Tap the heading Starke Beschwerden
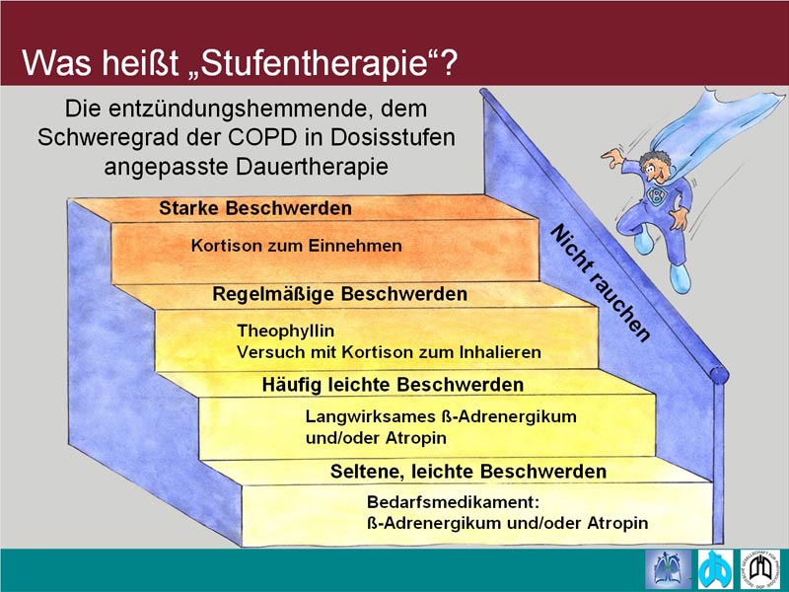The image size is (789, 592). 255,208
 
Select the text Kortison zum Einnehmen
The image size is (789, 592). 297,246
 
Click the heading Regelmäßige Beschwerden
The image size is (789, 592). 339,294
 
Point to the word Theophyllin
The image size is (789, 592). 285,332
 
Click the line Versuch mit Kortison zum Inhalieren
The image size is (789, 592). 389,352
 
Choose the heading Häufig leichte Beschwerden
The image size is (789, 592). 393,385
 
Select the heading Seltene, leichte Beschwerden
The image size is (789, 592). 467,472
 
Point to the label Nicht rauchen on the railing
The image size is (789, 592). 600,283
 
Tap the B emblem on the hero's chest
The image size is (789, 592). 656,194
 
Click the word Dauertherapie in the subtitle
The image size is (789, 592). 312,167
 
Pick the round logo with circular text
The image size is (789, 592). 759,569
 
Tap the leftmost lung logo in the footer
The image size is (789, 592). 669,569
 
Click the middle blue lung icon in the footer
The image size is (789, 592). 716,569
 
